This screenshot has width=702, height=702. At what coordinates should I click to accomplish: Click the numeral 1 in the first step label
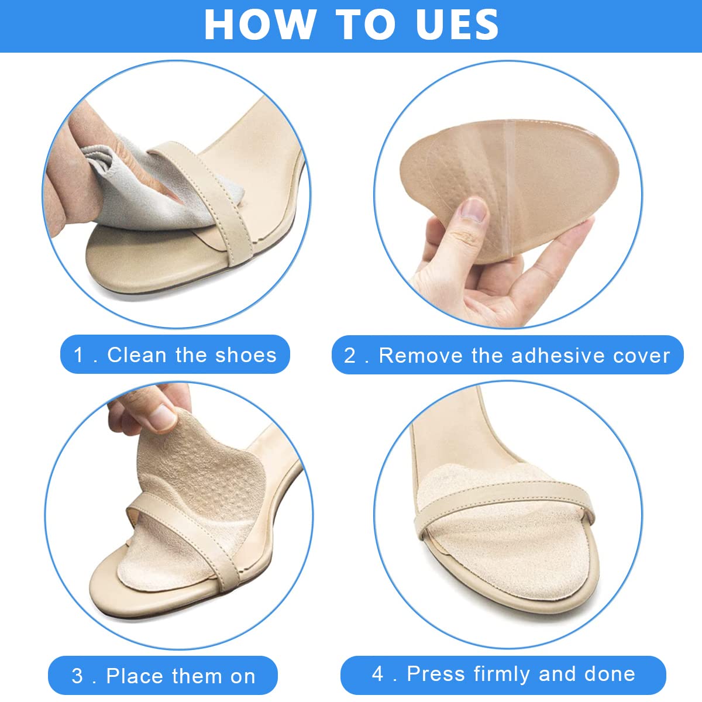click(x=78, y=355)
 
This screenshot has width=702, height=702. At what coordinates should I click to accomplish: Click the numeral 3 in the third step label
click(x=77, y=676)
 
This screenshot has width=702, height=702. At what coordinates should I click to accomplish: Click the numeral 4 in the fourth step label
click(x=378, y=674)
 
